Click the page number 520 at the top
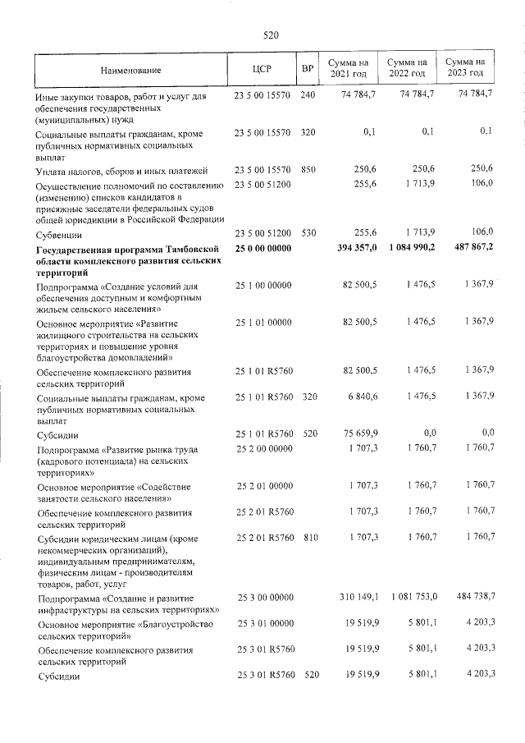tap(272, 35)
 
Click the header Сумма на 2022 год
tap(407, 69)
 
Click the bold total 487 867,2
tap(468, 247)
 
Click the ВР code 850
tap(308, 169)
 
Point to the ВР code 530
tap(308, 232)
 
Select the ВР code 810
tap(308, 537)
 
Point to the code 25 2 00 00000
tap(263, 448)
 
